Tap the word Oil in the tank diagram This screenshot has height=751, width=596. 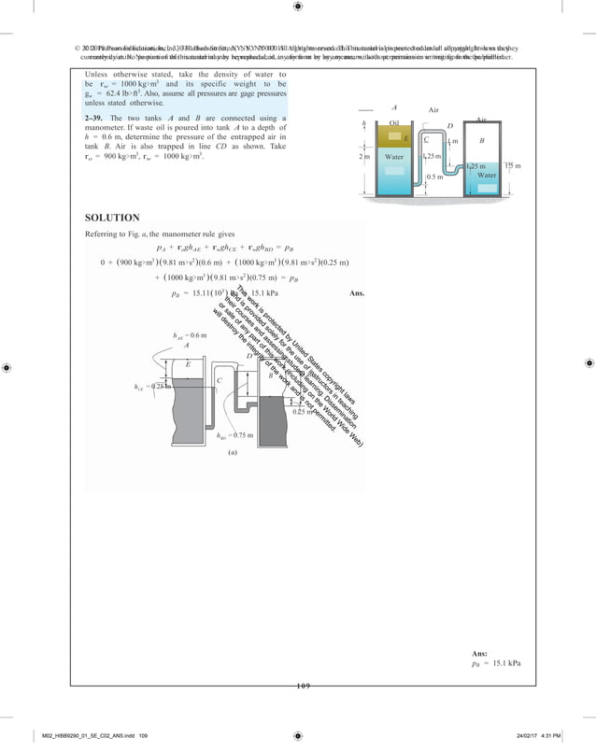tap(394, 123)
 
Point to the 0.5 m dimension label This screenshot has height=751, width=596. tap(433, 177)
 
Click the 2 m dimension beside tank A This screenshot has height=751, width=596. tap(364, 157)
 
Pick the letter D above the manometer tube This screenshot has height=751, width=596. tap(450, 125)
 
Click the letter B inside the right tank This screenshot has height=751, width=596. tap(482, 140)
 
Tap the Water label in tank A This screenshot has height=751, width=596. tap(394, 157)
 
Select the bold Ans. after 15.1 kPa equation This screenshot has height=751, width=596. tap(355, 293)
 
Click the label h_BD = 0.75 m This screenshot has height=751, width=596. tap(235, 434)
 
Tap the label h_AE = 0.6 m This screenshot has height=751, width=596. tap(191, 333)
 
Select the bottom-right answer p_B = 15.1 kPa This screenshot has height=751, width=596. tap(496, 663)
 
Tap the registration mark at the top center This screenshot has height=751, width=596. tap(297, 7)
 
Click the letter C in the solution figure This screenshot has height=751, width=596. tap(219, 381)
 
